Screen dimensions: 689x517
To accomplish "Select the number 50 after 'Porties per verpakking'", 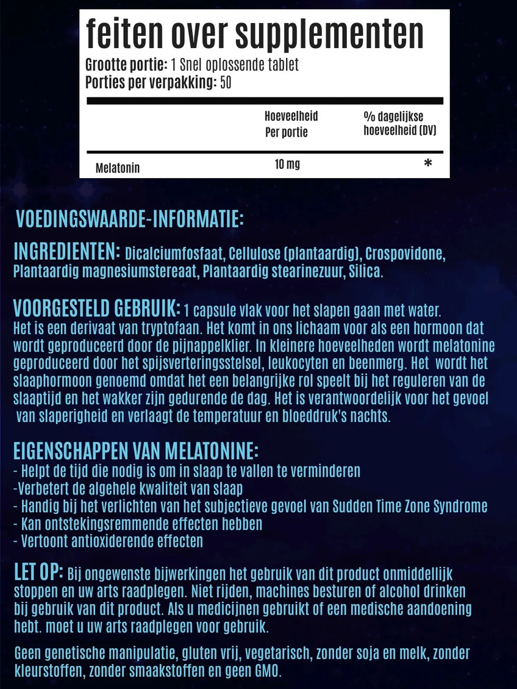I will (225, 82).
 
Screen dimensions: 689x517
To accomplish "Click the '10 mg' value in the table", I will (287, 165).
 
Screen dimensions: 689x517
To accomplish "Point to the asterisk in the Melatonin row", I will (428, 164).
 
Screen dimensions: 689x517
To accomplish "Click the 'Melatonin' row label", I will (118, 168).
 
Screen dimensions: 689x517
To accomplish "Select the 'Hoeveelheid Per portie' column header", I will (291, 124).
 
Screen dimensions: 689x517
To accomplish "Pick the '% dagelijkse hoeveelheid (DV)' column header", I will (399, 124).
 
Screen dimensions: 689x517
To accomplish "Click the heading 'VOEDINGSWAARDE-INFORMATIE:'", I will (130, 218).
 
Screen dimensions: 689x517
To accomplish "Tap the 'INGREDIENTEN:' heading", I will (66, 252).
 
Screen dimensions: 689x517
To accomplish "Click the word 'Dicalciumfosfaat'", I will (169, 254).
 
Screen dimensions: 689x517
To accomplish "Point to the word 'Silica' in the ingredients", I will (365, 272).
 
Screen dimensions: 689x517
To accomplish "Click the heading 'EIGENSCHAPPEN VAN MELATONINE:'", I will (136, 452).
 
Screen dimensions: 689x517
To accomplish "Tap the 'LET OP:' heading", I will (38, 573).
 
